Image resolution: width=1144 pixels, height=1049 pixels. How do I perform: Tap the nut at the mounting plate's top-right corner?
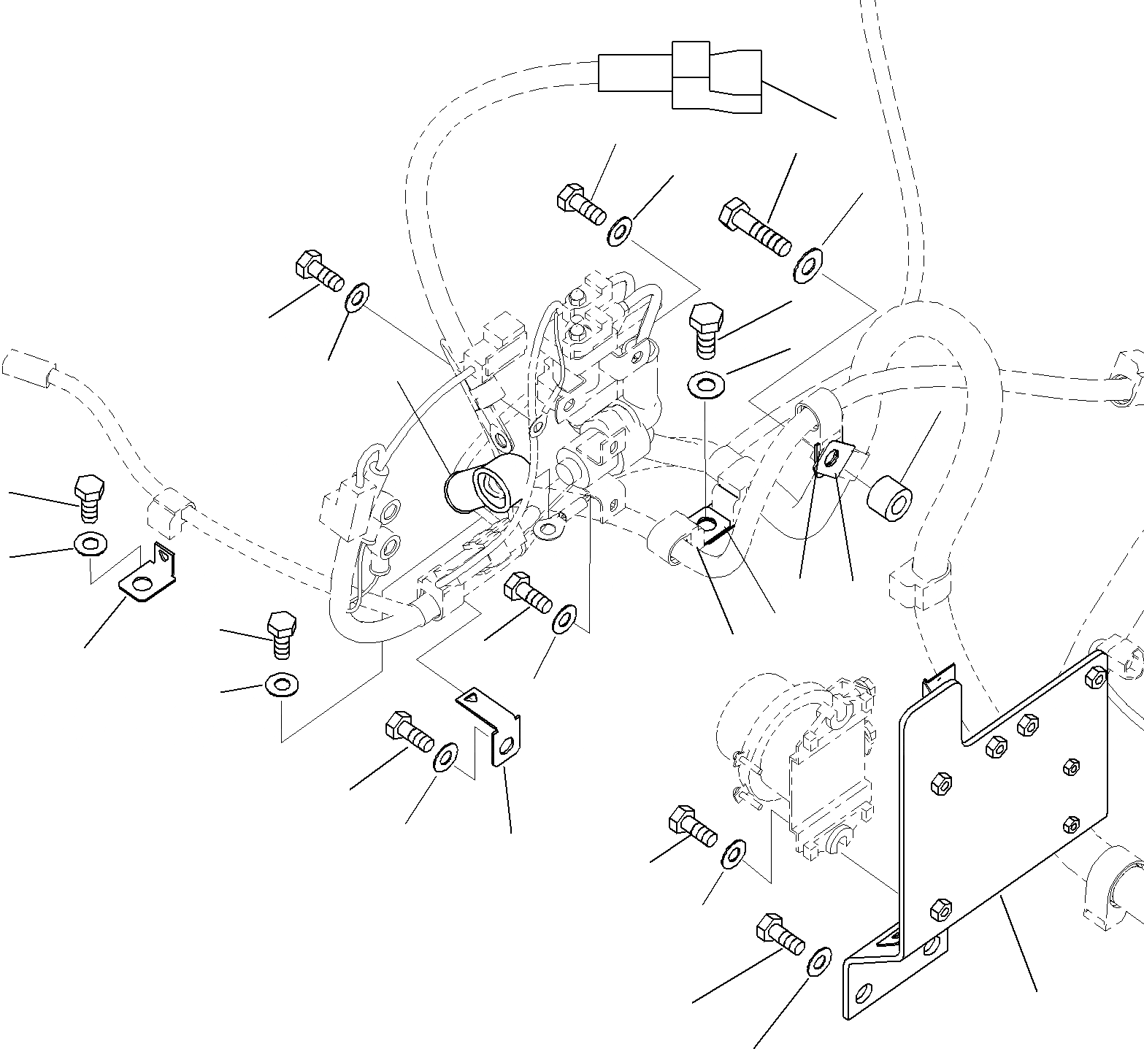tap(1095, 677)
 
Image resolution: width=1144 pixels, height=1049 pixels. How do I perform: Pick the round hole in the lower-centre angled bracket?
tap(507, 745)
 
